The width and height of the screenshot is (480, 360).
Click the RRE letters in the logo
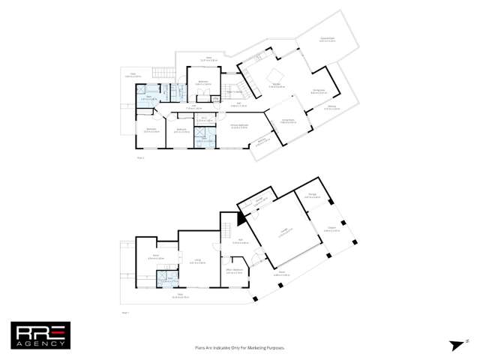coord(40,328)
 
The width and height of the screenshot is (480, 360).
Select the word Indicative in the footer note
coord(220,348)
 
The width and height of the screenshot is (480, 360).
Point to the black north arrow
coord(454,344)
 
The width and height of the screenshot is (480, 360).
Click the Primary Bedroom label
coord(239,127)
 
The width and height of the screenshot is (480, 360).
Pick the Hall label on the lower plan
coord(234,241)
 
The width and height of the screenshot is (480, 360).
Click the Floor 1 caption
coord(124,311)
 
